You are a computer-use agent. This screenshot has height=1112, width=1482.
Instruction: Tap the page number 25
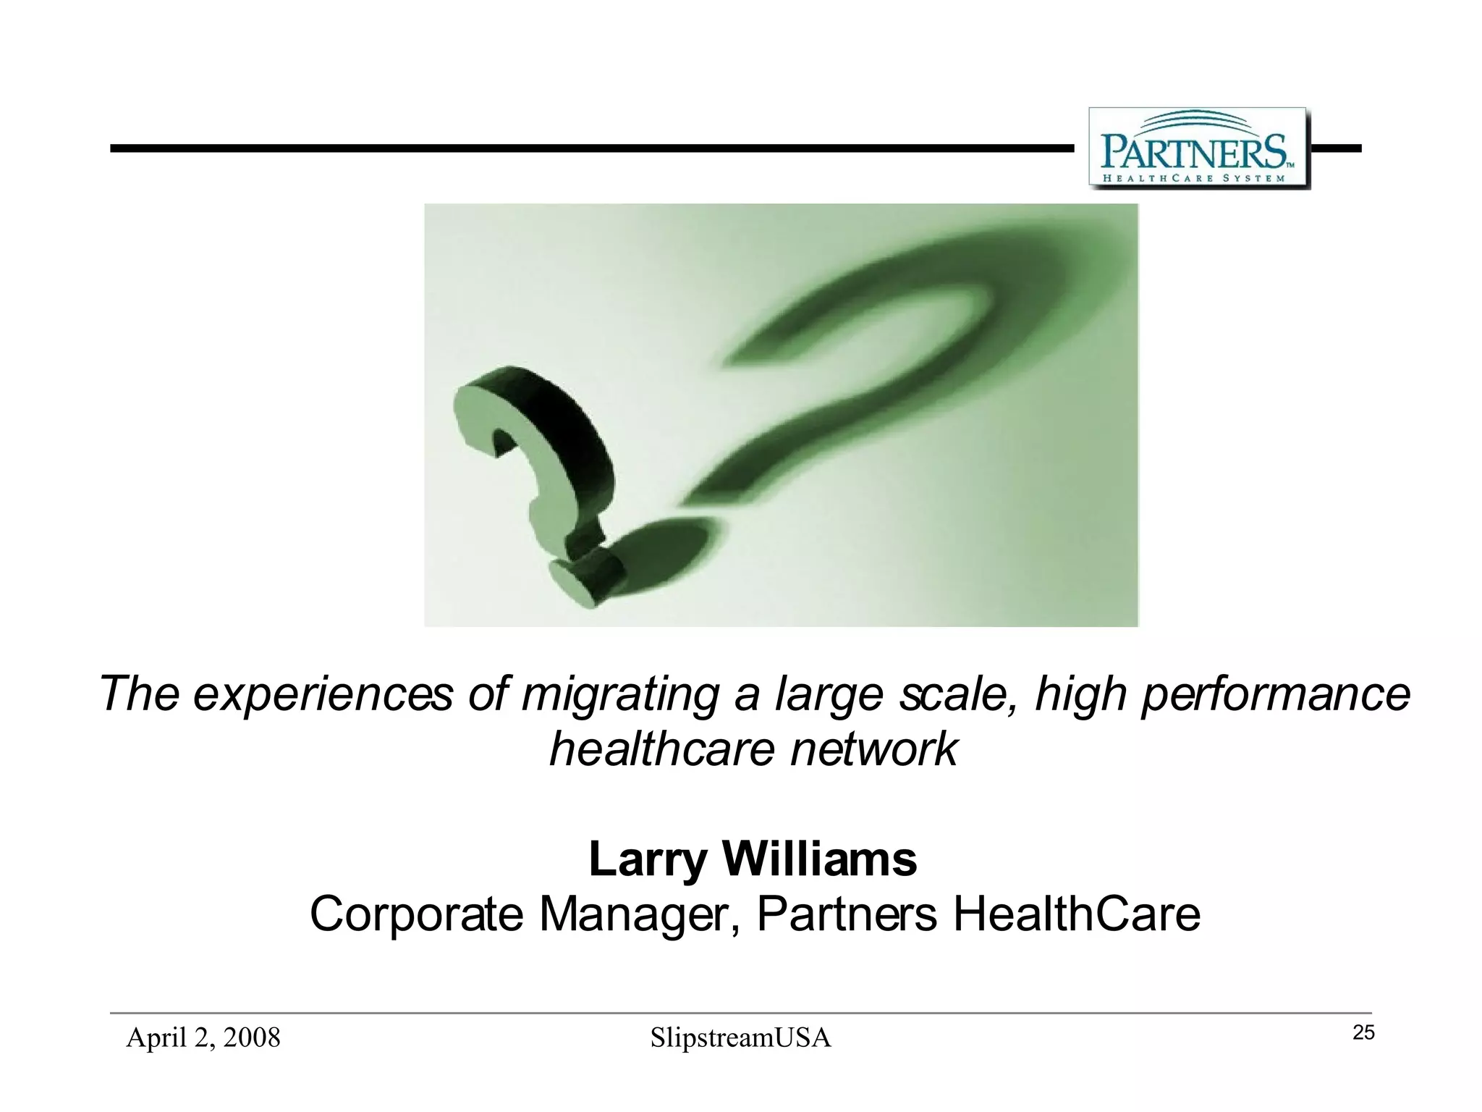(1363, 1033)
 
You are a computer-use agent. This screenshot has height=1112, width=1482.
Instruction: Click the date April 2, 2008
(203, 1037)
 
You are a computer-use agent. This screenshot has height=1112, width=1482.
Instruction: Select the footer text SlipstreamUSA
(740, 1037)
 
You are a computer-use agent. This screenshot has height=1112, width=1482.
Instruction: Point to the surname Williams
(820, 859)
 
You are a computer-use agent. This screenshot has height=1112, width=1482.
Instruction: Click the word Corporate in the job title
(416, 914)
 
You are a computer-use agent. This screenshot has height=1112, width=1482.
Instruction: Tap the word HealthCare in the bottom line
(1077, 914)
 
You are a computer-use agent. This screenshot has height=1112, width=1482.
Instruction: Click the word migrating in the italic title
(619, 694)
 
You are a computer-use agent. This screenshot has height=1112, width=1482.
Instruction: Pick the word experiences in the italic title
(323, 694)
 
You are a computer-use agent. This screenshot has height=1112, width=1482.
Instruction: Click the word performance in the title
(1275, 694)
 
